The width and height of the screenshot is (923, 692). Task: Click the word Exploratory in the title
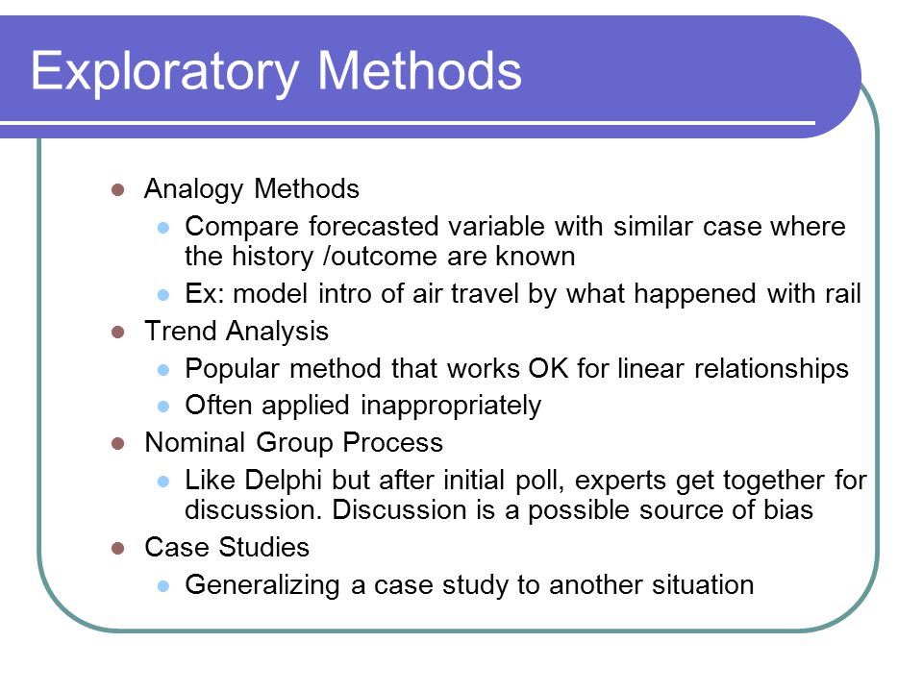(x=165, y=72)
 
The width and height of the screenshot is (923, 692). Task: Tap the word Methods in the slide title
(x=420, y=70)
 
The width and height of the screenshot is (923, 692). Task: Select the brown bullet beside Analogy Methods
(x=117, y=189)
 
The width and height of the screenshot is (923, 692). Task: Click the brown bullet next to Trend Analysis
(x=117, y=332)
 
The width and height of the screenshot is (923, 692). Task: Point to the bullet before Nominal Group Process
(x=117, y=443)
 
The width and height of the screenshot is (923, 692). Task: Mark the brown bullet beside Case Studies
(x=117, y=549)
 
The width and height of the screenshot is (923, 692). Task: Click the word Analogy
(x=193, y=190)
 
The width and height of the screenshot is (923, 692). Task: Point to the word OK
(x=548, y=368)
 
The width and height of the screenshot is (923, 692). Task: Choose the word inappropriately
(x=451, y=407)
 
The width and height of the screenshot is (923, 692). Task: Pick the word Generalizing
(x=262, y=586)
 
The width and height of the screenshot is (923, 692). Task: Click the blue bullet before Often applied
(x=163, y=406)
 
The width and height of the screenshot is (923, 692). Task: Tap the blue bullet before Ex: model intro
(x=163, y=294)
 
